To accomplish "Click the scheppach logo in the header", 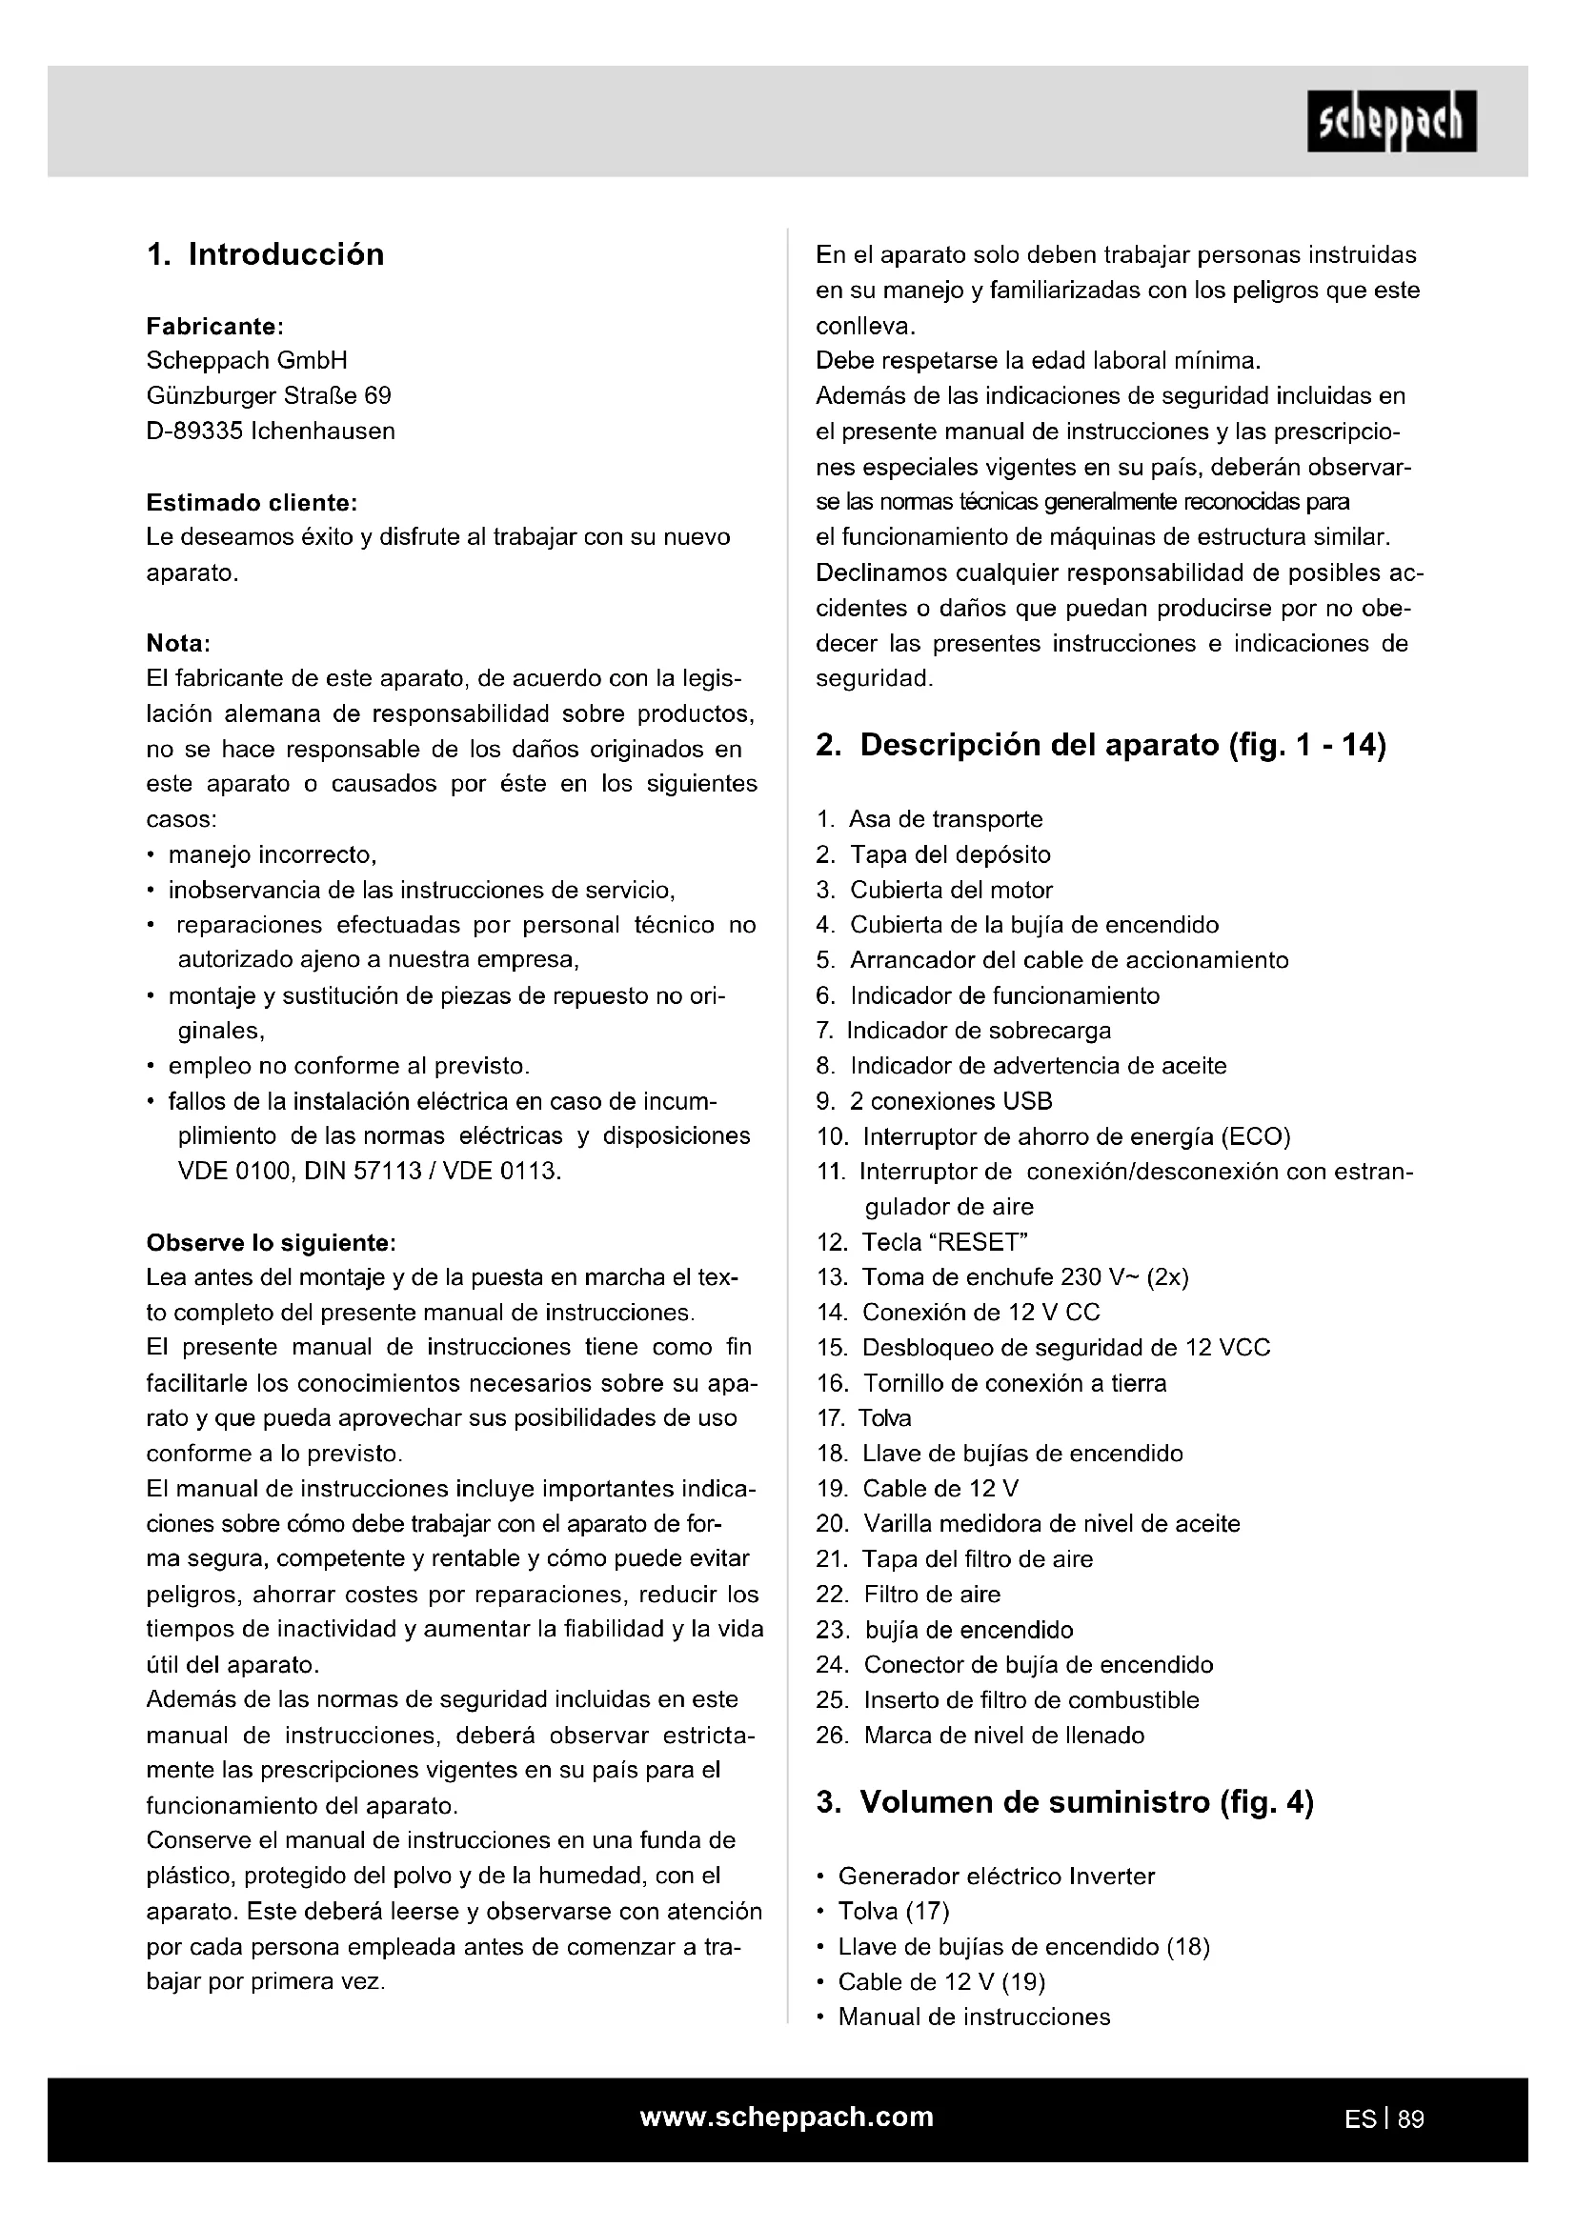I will [1390, 121].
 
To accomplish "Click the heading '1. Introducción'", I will [265, 254].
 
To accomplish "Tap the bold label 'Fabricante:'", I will [214, 326].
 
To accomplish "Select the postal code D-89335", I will [194, 431].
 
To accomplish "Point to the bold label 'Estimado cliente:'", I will [252, 503].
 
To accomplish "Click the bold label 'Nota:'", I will [178, 643].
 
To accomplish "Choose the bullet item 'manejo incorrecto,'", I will [272, 854].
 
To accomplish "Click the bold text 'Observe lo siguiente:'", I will [271, 1243].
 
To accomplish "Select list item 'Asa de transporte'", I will [945, 819].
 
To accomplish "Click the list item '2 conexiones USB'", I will [951, 1101].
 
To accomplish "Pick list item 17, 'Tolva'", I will [884, 1418].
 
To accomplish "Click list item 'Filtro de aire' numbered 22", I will [932, 1595].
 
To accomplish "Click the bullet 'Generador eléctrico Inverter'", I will [997, 1877].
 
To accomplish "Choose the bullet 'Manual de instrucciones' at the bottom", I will [974, 2017].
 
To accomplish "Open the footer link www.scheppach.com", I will [787, 2118].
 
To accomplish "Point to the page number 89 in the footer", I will [1411, 2119].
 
